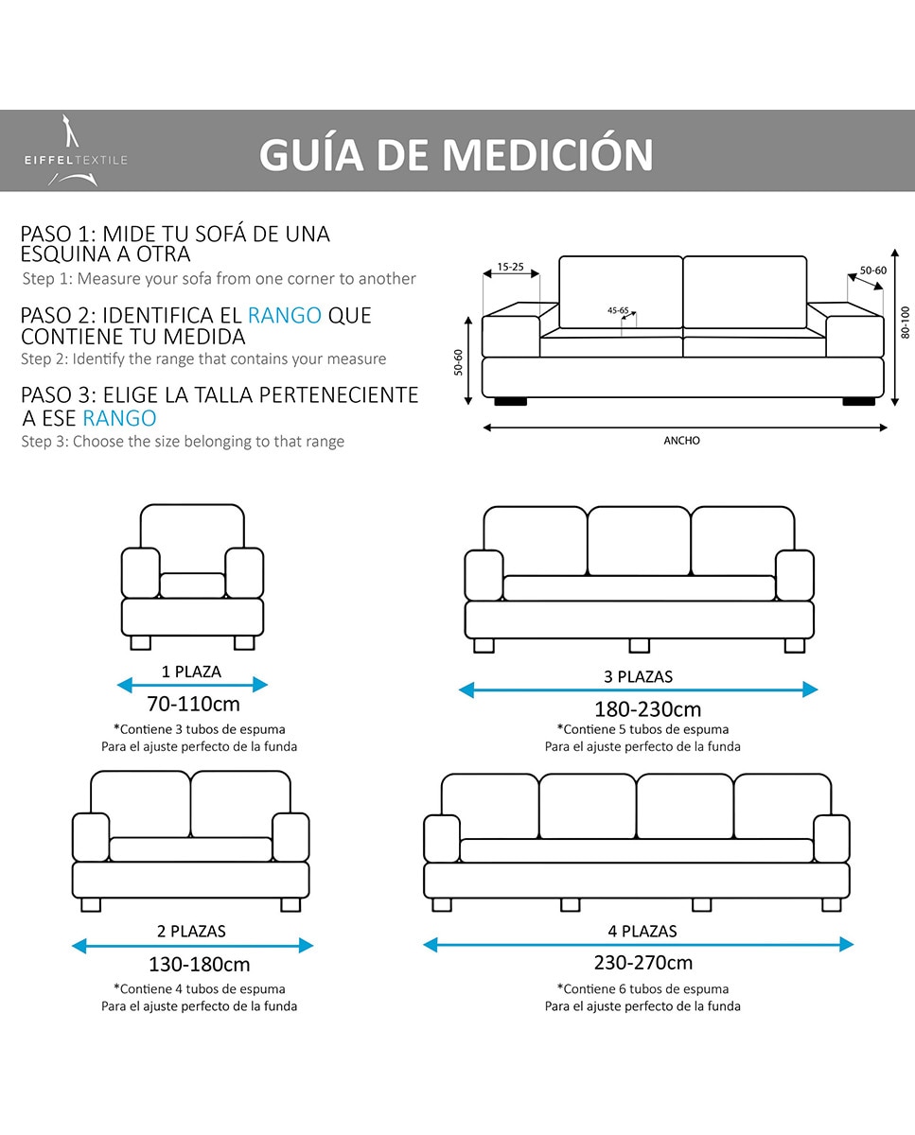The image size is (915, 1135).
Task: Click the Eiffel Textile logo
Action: coord(75,150)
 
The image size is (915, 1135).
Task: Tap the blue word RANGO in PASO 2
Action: coord(285,315)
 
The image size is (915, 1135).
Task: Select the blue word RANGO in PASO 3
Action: coord(119,418)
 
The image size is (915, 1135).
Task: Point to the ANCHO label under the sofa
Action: coord(681,441)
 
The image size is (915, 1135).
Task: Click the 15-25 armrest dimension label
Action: coord(510,268)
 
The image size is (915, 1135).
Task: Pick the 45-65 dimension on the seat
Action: coord(618,310)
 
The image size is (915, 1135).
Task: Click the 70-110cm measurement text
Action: coord(193,705)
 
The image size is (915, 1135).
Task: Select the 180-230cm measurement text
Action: coord(647,709)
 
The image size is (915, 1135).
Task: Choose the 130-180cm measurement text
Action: coord(199,965)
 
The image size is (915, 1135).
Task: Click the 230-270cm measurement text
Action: coord(643,963)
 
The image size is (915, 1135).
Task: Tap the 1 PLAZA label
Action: coord(191,672)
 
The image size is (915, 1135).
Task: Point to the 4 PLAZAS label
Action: coord(642,932)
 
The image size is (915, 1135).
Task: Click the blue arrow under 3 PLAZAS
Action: coord(638,690)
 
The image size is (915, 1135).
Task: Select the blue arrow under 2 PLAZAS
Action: coord(192,945)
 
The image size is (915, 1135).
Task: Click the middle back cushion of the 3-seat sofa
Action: coord(639,541)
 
